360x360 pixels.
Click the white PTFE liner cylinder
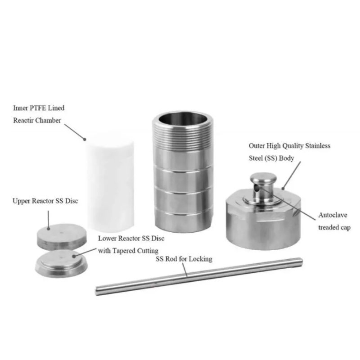(x=110, y=185)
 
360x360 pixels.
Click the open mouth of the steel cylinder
(x=183, y=119)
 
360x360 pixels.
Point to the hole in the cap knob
(x=256, y=189)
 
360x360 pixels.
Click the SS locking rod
(x=199, y=276)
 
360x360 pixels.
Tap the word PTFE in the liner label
(x=38, y=108)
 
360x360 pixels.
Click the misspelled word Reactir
(x=26, y=120)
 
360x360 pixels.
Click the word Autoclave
(x=333, y=215)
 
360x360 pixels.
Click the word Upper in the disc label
(x=21, y=201)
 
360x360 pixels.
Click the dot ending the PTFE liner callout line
(x=85, y=139)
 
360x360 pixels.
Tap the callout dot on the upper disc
(x=49, y=229)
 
